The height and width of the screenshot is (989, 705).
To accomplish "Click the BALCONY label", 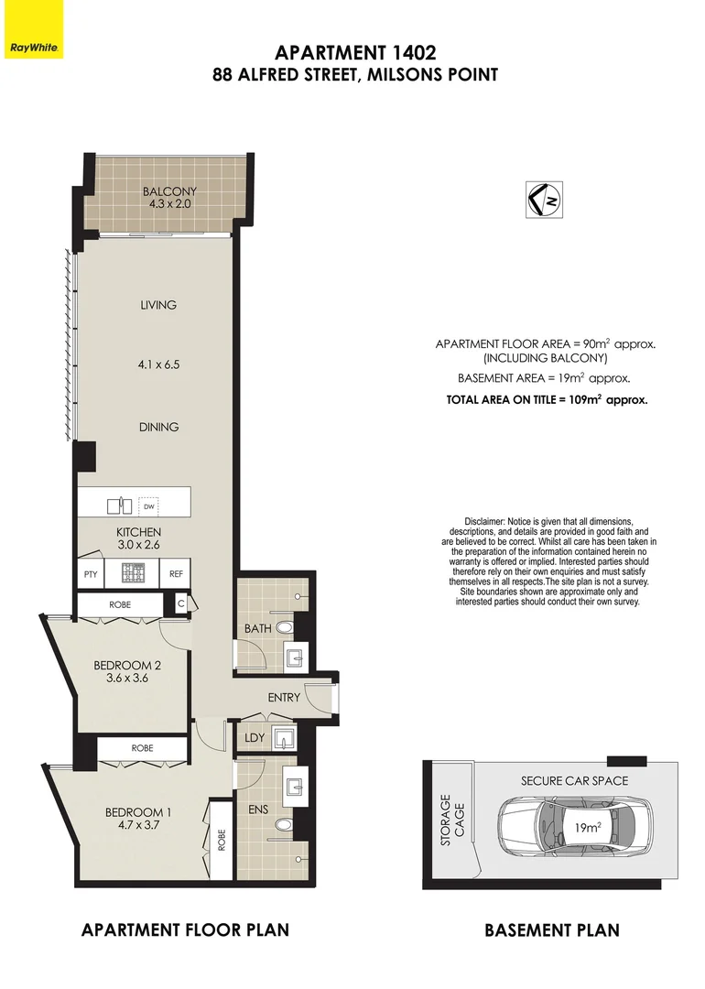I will (x=169, y=191).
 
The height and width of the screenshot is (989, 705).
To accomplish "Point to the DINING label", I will (x=158, y=427).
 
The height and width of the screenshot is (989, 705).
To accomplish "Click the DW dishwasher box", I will (x=148, y=505).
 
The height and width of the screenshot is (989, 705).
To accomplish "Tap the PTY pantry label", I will (x=90, y=574).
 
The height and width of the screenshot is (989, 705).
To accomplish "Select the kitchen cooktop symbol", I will (x=133, y=574).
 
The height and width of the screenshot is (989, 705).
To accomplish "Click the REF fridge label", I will (x=176, y=574).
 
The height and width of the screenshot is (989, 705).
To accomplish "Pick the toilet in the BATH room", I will (x=285, y=627).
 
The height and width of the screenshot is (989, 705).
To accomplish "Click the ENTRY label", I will (x=284, y=697).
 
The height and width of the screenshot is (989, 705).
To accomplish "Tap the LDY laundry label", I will (x=255, y=737).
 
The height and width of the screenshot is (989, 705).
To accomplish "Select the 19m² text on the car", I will (x=586, y=828).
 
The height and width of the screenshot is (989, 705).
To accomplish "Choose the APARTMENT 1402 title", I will (x=354, y=53).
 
